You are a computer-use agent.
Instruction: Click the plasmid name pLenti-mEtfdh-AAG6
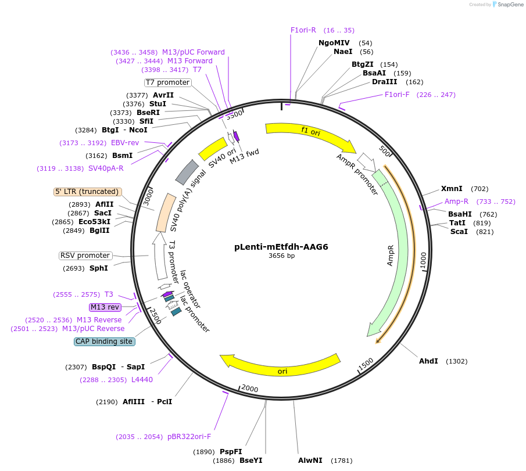tap(281, 247)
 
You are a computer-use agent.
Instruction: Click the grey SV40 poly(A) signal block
tap(187, 172)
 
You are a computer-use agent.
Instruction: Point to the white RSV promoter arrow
tap(160, 256)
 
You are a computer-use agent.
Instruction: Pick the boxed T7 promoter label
tap(168, 82)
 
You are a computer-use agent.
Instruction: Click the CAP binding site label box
tap(104, 341)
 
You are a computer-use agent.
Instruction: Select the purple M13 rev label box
tap(105, 307)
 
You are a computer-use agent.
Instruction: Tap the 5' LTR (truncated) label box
tap(87, 192)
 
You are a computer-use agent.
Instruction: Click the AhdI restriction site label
tap(428, 361)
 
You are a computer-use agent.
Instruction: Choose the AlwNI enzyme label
tap(310, 461)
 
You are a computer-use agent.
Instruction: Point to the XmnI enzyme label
tap(452, 189)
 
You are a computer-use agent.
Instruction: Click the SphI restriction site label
tap(99, 268)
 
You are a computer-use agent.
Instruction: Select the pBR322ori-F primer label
tap(189, 437)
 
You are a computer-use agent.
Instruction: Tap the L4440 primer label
tap(142, 380)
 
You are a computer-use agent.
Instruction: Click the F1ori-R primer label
tap(303, 30)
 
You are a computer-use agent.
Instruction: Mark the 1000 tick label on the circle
tap(423, 261)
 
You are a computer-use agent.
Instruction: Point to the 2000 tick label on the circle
tap(250, 389)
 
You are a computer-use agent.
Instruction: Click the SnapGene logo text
tap(510, 5)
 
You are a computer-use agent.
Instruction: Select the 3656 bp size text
tap(281, 256)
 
